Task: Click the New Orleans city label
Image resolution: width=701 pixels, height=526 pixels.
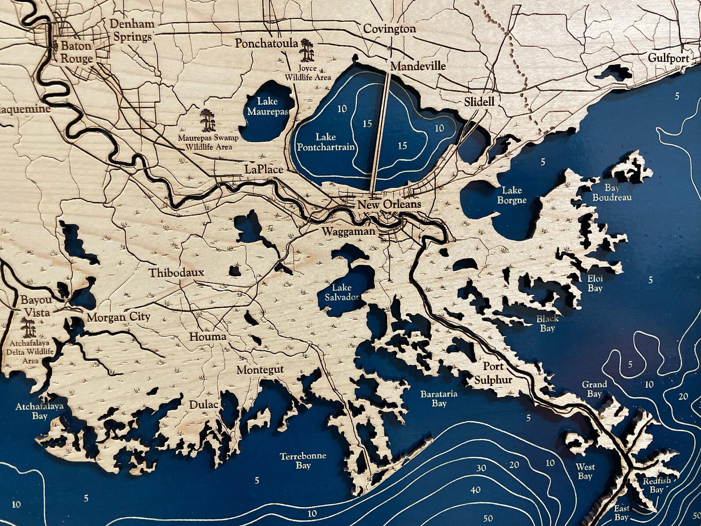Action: pyautogui.click(x=389, y=205)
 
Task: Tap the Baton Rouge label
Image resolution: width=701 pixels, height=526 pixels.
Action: pyautogui.click(x=76, y=52)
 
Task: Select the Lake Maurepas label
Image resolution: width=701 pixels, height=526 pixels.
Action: pyautogui.click(x=268, y=106)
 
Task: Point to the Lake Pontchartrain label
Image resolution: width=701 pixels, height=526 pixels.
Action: pyautogui.click(x=326, y=142)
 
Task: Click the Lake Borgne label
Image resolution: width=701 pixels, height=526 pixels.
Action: pyautogui.click(x=512, y=195)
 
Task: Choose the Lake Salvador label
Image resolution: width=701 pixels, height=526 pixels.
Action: pyautogui.click(x=342, y=292)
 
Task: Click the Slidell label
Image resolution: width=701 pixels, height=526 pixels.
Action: pyautogui.click(x=479, y=102)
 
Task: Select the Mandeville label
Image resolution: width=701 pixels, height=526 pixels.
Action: pyautogui.click(x=418, y=66)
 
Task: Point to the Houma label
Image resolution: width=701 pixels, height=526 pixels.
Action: pyautogui.click(x=207, y=337)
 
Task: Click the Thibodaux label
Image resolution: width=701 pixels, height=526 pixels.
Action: pyautogui.click(x=176, y=272)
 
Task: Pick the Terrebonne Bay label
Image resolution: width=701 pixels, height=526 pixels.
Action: pyautogui.click(x=303, y=460)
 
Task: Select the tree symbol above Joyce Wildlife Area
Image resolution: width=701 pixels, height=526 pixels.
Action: pyautogui.click(x=306, y=50)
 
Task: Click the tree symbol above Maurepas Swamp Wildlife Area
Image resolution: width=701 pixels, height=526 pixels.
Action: pyautogui.click(x=207, y=120)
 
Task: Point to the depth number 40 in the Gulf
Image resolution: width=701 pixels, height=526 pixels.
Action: pyautogui.click(x=475, y=490)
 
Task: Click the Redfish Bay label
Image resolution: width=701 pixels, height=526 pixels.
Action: pyautogui.click(x=656, y=485)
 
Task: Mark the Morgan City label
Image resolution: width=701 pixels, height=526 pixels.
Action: pyautogui.click(x=118, y=317)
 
